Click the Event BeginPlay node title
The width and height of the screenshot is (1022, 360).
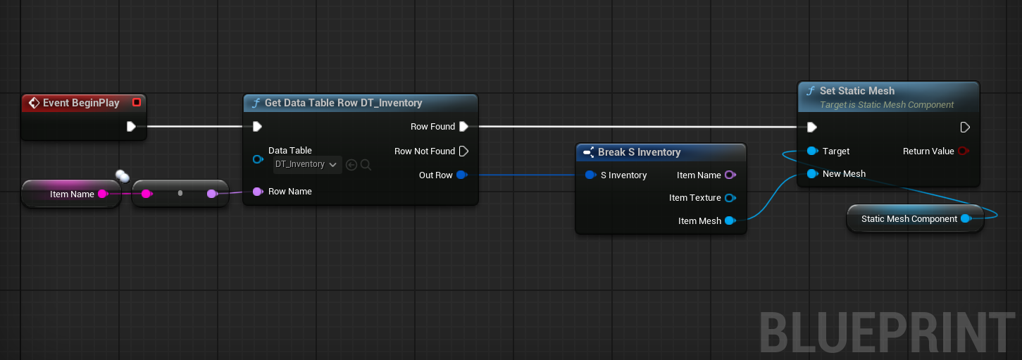coord(81,103)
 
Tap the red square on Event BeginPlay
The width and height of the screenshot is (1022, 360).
coord(137,102)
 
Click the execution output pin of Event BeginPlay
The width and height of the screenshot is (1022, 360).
coord(131,126)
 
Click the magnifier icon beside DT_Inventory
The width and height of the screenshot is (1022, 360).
coord(366,165)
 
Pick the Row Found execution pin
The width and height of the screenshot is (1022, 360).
coord(463,126)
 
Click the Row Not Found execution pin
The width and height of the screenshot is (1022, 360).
coord(463,151)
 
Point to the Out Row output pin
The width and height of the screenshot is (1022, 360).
coord(462,175)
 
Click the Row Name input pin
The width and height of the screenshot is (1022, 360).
coord(258,192)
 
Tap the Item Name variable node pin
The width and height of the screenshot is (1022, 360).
coord(103,194)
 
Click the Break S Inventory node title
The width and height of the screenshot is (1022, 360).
coord(639,152)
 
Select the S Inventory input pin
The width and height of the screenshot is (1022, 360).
coord(590,175)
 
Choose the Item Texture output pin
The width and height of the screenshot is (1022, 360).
coord(730,198)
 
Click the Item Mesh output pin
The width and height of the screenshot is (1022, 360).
coord(730,221)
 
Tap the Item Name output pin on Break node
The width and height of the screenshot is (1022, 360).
coord(730,175)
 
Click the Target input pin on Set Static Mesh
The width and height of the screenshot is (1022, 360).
coord(812,151)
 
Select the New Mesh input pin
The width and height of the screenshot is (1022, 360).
coord(812,174)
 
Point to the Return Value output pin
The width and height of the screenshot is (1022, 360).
coord(963,151)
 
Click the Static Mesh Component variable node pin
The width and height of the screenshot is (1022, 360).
coord(966,218)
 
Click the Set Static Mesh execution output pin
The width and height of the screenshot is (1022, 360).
coord(964,128)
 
